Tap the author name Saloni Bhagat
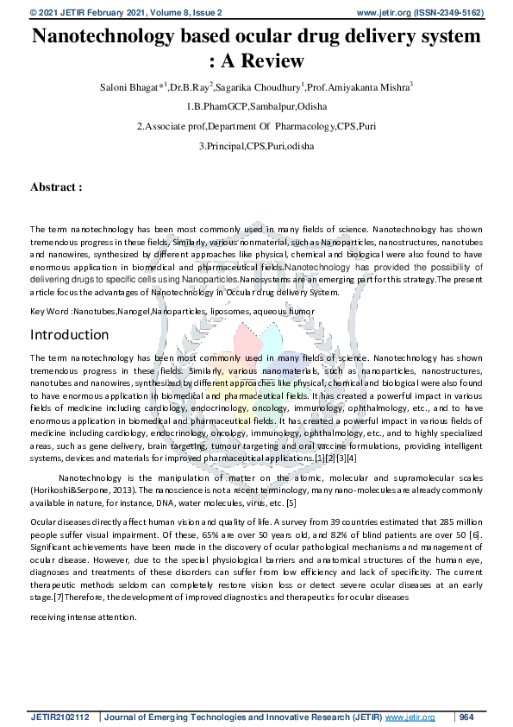(128, 87)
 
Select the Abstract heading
(56, 186)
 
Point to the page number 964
(466, 718)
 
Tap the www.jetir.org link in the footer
(410, 718)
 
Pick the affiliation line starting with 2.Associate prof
(256, 126)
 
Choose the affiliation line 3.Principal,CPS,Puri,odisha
(256, 146)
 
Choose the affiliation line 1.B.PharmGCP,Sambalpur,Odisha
(256, 107)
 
